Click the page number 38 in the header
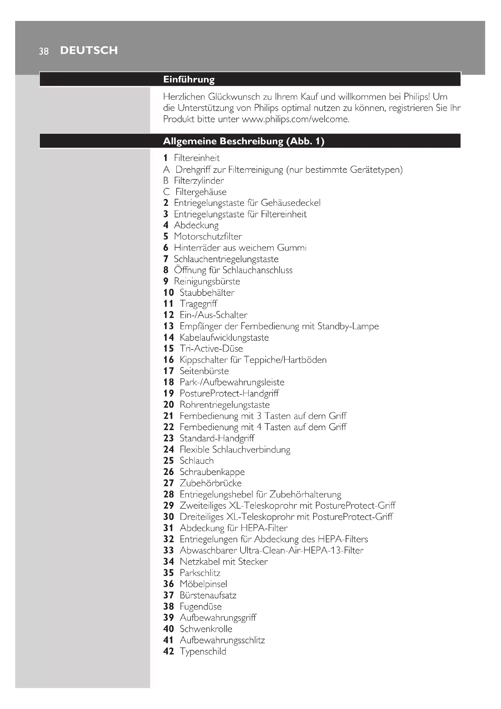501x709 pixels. [44, 51]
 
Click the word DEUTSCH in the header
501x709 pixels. [89, 50]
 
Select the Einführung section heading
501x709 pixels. [189, 80]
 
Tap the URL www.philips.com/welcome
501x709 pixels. [295, 119]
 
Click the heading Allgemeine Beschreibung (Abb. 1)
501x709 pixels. [244, 142]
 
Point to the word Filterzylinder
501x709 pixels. [199, 181]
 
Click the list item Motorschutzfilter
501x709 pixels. [207, 236]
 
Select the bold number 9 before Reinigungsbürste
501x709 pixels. [166, 281]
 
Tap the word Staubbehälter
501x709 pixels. [207, 293]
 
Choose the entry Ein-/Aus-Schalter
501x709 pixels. [214, 315]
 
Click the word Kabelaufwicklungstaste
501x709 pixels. [224, 337]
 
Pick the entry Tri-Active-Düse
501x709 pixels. [211, 349]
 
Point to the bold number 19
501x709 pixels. [169, 393]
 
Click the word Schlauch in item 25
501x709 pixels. [197, 461]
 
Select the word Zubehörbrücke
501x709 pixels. [211, 483]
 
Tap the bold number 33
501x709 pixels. [169, 550]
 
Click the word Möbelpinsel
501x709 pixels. [203, 584]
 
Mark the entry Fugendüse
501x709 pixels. [201, 607]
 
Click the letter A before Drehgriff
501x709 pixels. [166, 169]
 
